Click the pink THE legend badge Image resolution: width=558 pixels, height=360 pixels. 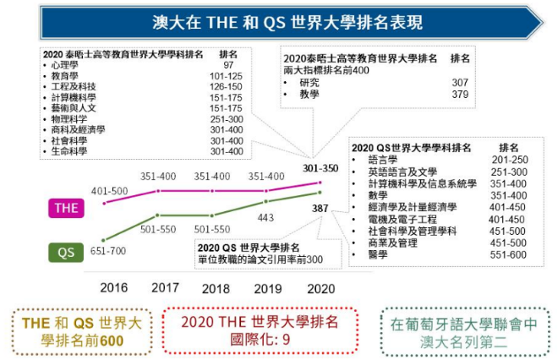(x=66, y=208)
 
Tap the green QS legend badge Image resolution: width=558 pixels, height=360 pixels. (x=66, y=251)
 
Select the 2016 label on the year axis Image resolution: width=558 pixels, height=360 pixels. (x=114, y=287)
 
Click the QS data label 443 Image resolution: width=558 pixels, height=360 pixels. (x=266, y=217)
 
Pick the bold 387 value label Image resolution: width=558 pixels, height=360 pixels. (x=320, y=208)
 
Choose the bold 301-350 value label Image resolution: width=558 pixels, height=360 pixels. (x=320, y=168)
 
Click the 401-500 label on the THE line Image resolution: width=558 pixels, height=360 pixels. (x=108, y=191)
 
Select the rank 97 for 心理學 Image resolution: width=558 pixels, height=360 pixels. (x=228, y=64)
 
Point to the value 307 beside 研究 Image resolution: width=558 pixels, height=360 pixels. (x=460, y=83)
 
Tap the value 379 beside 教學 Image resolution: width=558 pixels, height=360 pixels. (x=460, y=95)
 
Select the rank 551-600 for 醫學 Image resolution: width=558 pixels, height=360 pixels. (x=508, y=254)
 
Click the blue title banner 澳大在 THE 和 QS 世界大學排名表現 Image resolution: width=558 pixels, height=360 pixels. (x=279, y=22)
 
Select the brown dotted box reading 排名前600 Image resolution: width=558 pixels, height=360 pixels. (x=79, y=330)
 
